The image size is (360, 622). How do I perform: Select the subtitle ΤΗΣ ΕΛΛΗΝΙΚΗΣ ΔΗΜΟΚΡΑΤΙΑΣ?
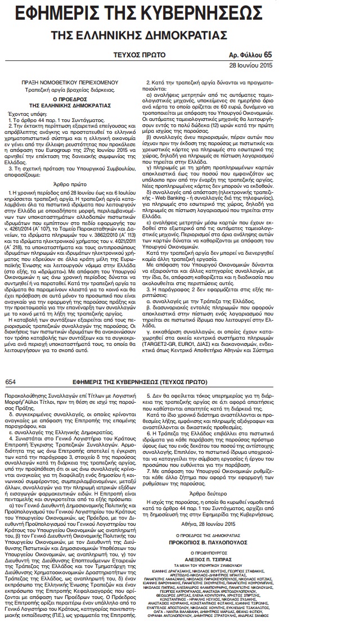181,34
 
